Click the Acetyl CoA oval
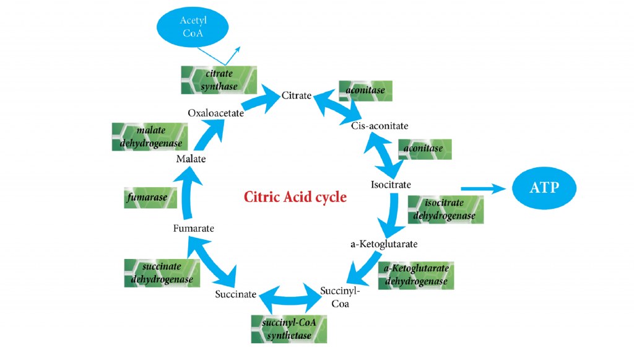pyautogui.click(x=192, y=26)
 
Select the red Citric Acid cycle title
pyautogui.click(x=295, y=197)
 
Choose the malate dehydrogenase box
pyautogui.click(x=149, y=137)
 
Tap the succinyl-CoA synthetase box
pyautogui.click(x=289, y=329)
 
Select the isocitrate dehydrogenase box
pyautogui.click(x=445, y=209)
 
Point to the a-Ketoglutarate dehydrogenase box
pyautogui.click(x=415, y=276)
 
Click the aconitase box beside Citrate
pyautogui.click(x=365, y=90)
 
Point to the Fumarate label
pyautogui.click(x=194, y=228)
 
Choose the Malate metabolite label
pyautogui.click(x=191, y=159)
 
